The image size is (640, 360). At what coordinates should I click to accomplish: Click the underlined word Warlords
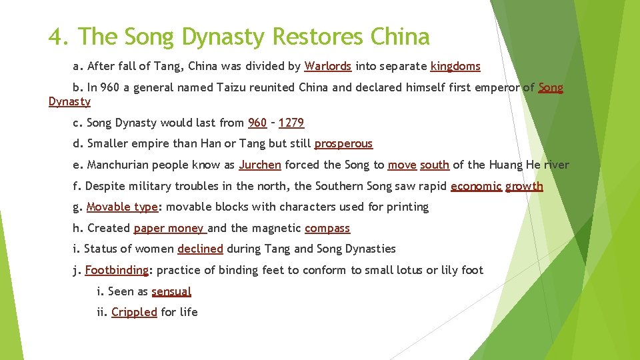[327, 66]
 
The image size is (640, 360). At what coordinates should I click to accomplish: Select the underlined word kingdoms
[455, 66]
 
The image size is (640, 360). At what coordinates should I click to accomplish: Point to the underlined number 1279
[291, 123]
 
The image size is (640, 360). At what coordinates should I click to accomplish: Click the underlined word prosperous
[343, 143]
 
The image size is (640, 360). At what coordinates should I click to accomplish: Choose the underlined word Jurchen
[260, 165]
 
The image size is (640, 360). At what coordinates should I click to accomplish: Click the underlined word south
[435, 165]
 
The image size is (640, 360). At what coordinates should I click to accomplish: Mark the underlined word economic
[476, 186]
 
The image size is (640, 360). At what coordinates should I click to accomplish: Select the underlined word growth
[524, 186]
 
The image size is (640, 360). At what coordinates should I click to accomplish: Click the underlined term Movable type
[122, 207]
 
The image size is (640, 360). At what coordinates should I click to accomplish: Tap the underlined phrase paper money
[169, 228]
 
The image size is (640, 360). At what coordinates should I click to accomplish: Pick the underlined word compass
[327, 228]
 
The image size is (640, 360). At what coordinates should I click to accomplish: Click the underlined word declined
[200, 249]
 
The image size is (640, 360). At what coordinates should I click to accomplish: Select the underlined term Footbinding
[117, 270]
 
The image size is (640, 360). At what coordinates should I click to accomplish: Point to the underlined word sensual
[171, 291]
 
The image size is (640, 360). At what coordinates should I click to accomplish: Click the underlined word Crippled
[134, 312]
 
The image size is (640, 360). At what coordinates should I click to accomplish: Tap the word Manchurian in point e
[119, 165]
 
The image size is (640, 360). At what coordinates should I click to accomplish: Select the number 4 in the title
[55, 37]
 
